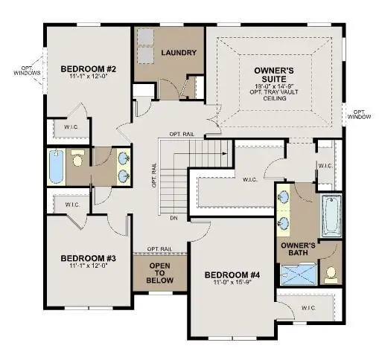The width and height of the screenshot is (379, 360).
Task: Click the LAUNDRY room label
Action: pos(179,53)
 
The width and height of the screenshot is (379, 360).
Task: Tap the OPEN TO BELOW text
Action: pos(161,274)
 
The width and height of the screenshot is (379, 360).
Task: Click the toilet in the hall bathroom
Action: pos(77,159)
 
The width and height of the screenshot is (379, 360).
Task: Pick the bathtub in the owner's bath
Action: pos(331,214)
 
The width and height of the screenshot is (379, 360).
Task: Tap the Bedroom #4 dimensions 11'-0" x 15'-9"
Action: pos(230,283)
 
